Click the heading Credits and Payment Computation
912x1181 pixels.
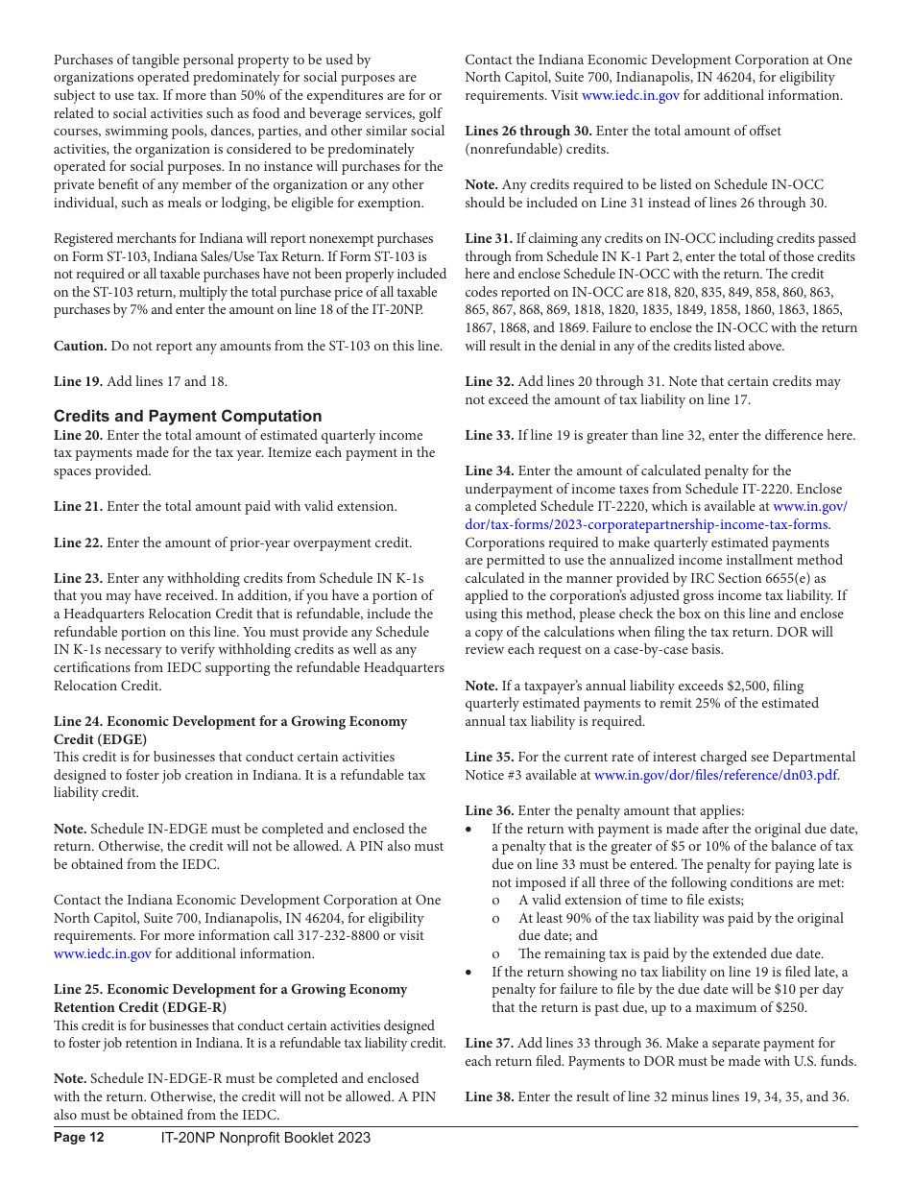(187, 416)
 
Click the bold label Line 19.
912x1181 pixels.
(78, 381)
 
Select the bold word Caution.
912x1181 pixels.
(80, 346)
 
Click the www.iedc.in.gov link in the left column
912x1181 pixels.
(102, 953)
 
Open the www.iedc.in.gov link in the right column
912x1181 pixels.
(631, 95)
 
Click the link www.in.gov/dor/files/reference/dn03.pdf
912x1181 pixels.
(715, 775)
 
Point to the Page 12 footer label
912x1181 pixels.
(79, 1138)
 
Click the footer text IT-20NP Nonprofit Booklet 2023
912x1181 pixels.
(266, 1138)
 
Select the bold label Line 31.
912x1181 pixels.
(490, 238)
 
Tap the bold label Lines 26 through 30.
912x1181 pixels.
(528, 131)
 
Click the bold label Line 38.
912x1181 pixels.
(490, 1097)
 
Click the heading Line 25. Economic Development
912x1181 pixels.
(230, 989)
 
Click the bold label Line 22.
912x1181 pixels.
(78, 542)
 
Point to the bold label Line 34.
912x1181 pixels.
(490, 470)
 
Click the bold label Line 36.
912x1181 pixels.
(490, 810)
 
